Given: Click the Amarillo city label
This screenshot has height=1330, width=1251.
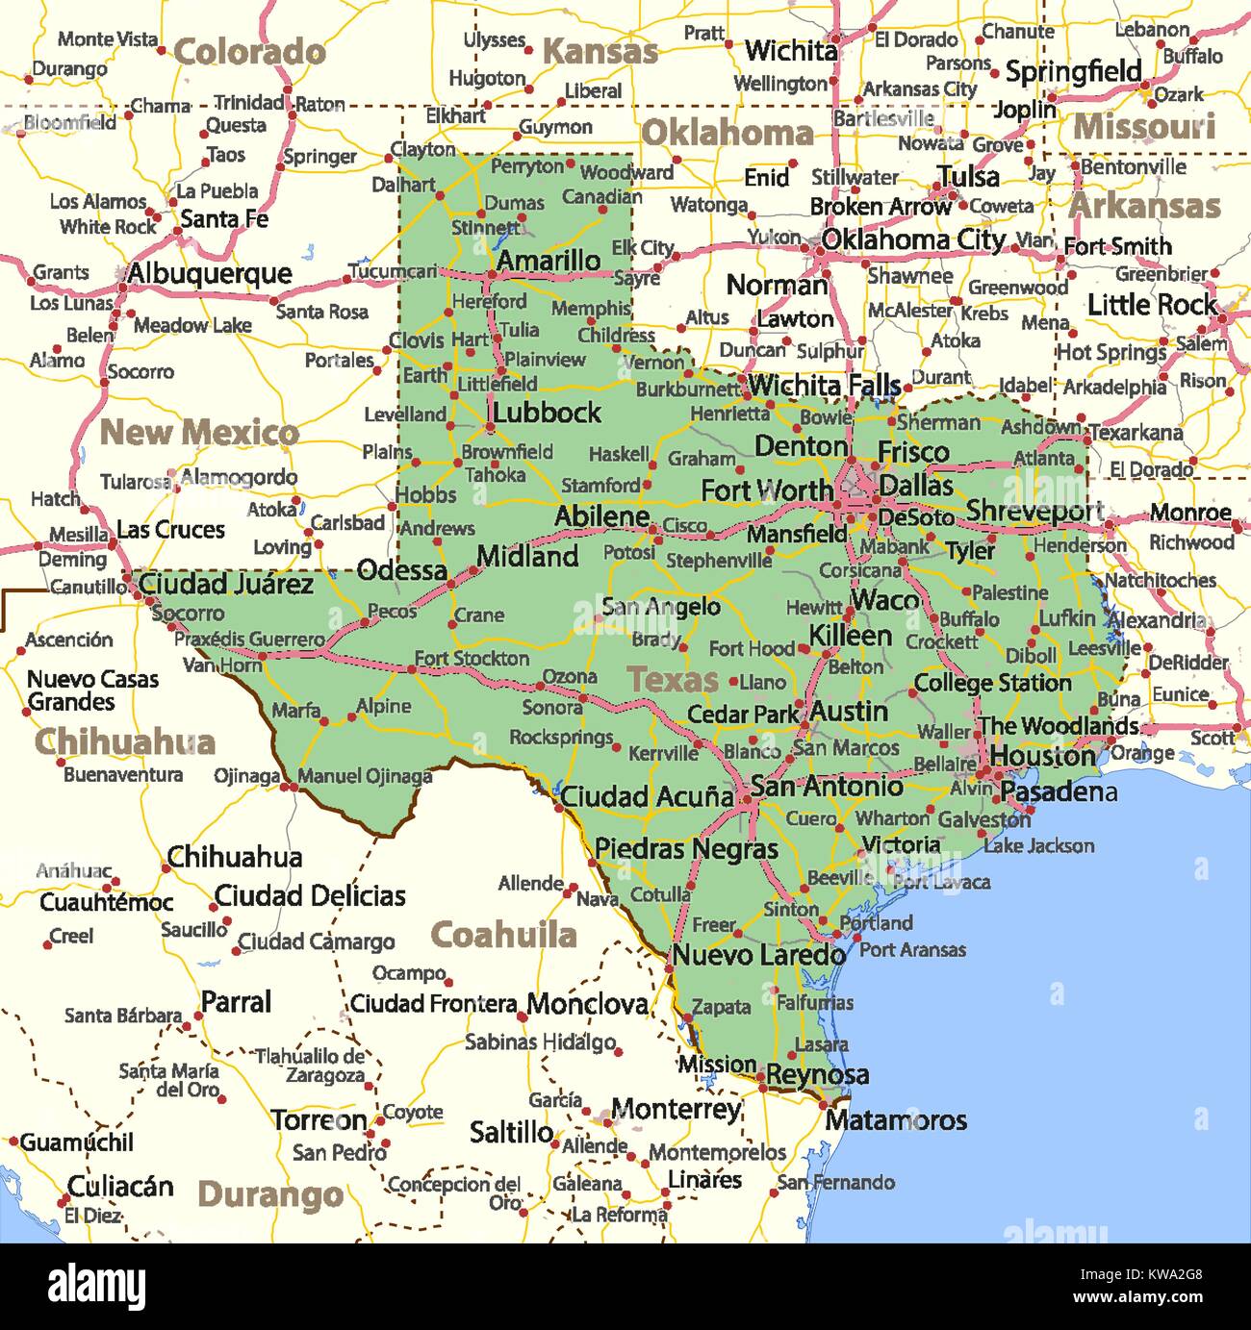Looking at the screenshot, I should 549,261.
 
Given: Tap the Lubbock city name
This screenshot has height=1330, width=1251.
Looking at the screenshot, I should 547,413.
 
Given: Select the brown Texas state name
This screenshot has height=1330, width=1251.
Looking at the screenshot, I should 673,680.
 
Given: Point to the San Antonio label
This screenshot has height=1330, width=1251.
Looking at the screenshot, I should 827,787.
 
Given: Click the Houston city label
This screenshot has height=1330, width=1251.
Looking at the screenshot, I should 1042,756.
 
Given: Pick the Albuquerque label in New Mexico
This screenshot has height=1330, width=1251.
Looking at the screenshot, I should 209,274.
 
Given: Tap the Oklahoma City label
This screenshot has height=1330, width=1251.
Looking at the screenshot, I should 913,239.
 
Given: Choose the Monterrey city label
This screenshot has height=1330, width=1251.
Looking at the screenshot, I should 677,1109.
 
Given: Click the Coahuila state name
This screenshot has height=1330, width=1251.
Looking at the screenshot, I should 503,935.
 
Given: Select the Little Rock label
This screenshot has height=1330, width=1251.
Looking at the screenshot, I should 1152,305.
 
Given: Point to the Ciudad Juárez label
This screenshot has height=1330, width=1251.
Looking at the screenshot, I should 226,584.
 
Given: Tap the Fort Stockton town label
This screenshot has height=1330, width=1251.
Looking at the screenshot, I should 472,659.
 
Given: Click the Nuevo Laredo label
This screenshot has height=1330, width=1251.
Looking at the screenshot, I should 758,955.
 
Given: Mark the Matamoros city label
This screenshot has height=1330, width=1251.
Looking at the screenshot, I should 895,1120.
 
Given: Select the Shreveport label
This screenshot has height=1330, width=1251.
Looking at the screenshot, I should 1034,511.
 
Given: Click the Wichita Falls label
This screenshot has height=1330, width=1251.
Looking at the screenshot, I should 824,385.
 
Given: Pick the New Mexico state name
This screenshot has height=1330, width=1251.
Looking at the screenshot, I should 199,433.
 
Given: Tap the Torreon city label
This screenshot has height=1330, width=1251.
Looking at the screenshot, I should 319,1120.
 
